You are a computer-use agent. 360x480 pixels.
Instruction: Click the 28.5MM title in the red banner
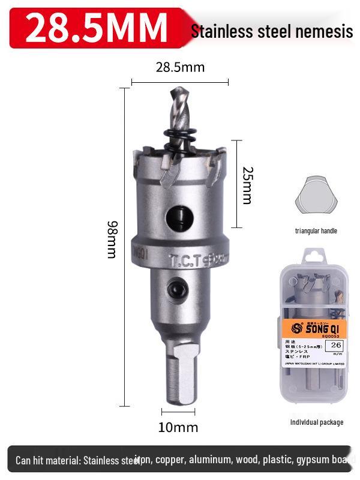[x=96, y=26]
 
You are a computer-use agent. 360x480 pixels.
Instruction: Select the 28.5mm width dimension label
[x=180, y=67]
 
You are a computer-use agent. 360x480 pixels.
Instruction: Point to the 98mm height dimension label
[x=112, y=239]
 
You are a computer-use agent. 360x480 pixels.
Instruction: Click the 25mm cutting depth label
[x=247, y=184]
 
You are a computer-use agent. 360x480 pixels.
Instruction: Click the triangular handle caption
[x=316, y=231]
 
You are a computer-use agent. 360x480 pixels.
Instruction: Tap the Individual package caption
[x=316, y=422]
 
